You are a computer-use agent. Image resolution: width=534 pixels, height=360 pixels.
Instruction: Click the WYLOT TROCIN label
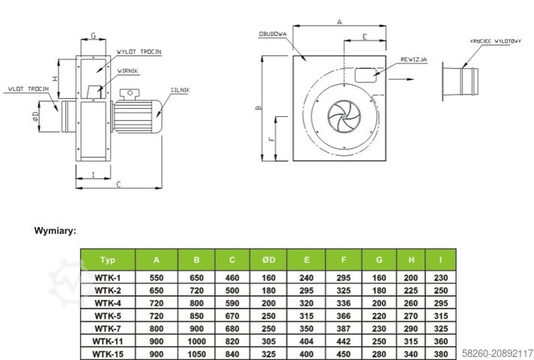click(x=139, y=51)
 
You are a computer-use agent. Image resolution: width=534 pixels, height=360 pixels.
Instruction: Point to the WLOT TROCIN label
click(x=28, y=89)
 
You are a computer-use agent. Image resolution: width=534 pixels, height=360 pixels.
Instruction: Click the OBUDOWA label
click(x=270, y=34)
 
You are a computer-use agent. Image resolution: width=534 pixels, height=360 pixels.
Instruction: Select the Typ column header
click(x=107, y=260)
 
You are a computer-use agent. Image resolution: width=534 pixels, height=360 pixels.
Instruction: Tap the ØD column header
click(x=268, y=260)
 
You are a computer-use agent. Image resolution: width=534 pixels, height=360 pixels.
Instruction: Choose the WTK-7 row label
click(x=107, y=328)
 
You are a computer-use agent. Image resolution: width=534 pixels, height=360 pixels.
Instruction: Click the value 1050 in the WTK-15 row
click(x=196, y=354)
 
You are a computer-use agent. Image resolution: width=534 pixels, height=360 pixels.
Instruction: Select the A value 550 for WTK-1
click(x=156, y=277)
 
